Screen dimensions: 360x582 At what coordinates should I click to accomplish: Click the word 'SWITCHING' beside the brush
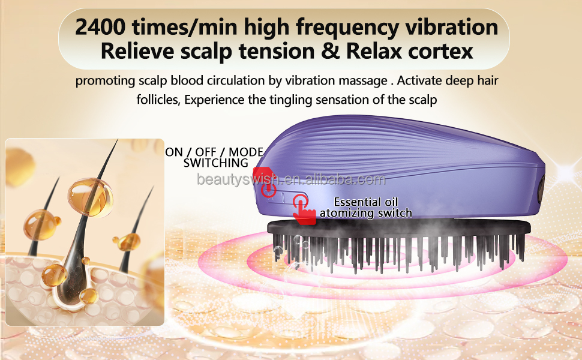pos(215,163)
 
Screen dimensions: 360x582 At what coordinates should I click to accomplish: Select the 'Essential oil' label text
pos(366,202)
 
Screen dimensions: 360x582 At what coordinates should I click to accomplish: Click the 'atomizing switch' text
pos(366,213)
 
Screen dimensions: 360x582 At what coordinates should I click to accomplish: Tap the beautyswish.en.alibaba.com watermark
pos(292,179)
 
